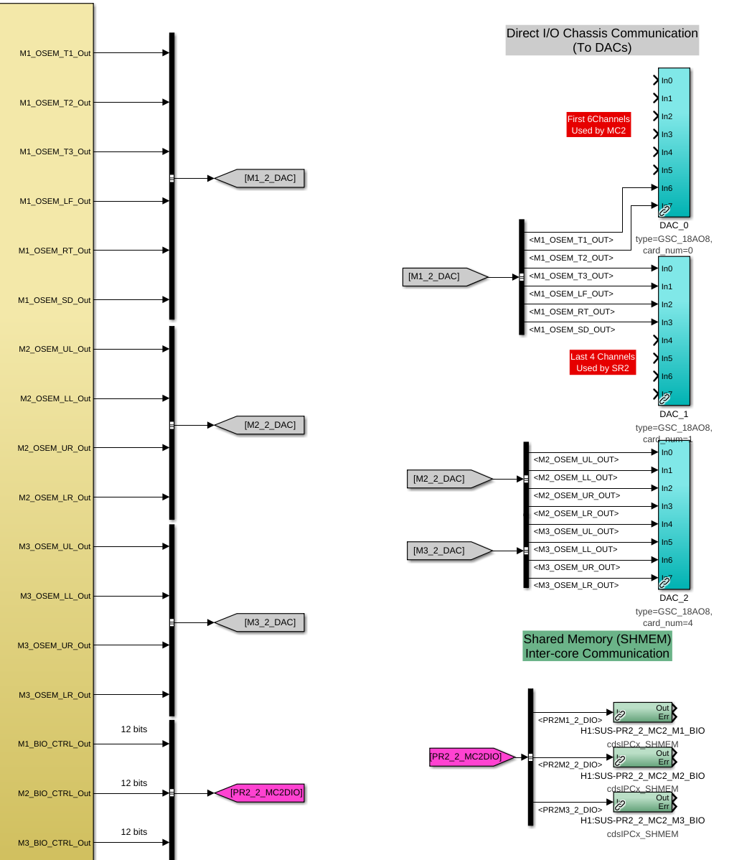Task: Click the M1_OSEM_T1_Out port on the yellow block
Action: click(55, 53)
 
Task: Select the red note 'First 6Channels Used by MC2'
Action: click(598, 125)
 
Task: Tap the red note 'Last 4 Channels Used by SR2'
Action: click(602, 363)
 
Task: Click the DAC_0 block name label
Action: click(674, 225)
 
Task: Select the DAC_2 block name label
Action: click(674, 598)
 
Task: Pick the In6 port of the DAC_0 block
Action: click(667, 188)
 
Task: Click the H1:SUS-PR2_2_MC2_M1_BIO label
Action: click(642, 731)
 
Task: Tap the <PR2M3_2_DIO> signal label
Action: click(570, 810)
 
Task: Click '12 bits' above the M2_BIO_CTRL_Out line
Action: click(134, 783)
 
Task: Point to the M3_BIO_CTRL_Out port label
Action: click(55, 843)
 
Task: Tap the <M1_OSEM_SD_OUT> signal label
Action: click(572, 329)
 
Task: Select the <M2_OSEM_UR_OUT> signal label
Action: click(576, 495)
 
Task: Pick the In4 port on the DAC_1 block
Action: click(667, 340)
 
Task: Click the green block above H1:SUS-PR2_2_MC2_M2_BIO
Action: click(642, 757)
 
